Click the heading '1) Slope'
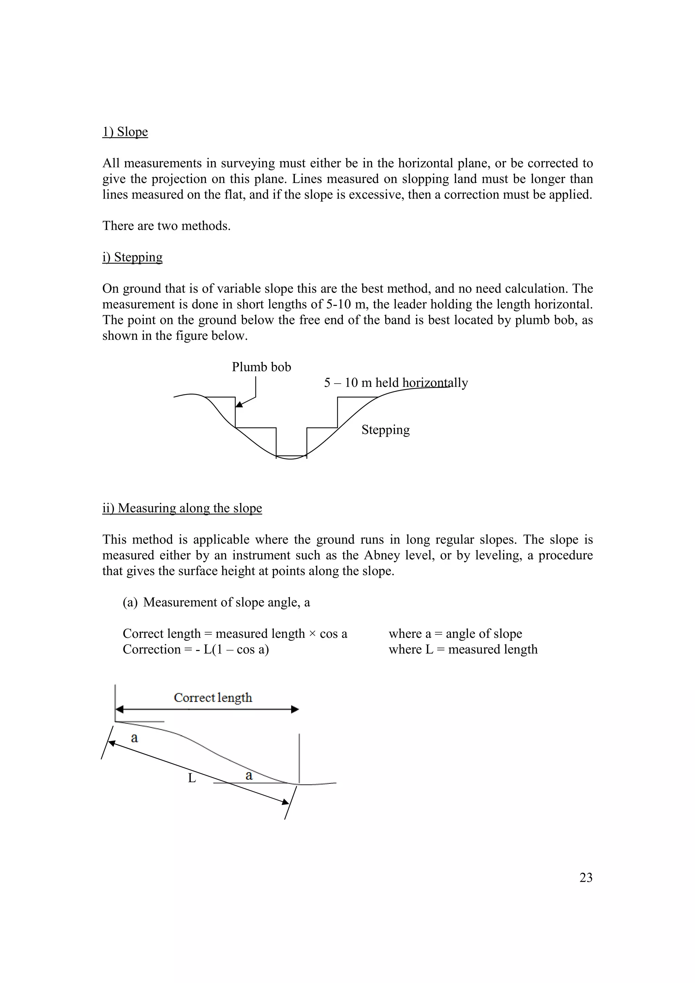(125, 131)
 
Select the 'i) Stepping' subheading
(132, 257)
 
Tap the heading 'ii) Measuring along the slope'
(182, 508)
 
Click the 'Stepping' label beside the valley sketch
(385, 429)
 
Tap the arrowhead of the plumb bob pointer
(239, 405)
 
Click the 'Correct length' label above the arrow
(213, 698)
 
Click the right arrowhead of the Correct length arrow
(295, 709)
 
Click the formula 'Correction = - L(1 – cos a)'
(195, 649)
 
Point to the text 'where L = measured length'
(463, 649)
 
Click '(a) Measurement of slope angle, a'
(216, 602)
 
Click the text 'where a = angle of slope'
(455, 634)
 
